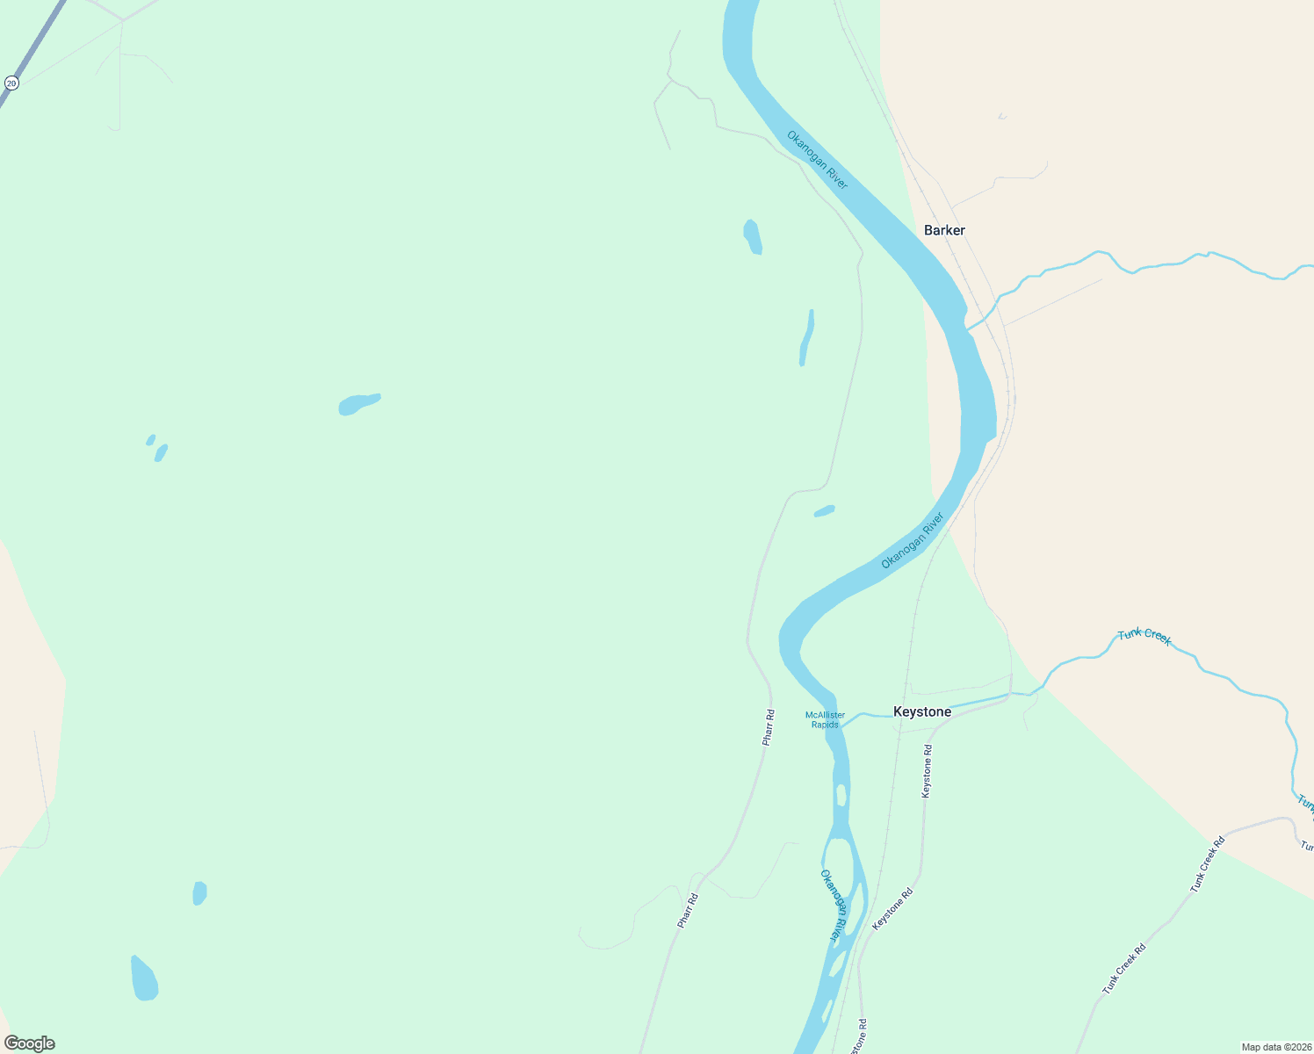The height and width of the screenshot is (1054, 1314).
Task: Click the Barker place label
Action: pos(944,230)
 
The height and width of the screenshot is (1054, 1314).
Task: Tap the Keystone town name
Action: pos(921,711)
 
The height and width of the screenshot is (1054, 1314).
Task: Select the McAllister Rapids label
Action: pos(825,720)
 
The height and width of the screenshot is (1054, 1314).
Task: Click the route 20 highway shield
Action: pos(11,83)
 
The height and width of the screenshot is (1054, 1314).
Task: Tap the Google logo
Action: pos(29,1043)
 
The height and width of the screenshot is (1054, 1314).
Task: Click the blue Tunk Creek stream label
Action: pos(1144,638)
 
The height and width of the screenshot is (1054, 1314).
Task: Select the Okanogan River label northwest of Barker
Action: pos(817,160)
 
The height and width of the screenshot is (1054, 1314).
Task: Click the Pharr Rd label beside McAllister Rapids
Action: pos(769,727)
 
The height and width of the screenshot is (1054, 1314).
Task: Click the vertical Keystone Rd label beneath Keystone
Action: pos(927,771)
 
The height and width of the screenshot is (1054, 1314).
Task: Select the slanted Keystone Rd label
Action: pos(892,909)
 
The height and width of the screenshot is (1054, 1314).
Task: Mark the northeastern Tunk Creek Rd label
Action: pos(1207,866)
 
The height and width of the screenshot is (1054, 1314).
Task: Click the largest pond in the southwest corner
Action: pos(144,979)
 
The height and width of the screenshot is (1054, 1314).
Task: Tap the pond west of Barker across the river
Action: pos(753,236)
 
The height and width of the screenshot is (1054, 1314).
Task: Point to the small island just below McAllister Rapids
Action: pos(841,795)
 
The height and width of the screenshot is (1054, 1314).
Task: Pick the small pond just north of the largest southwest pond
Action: pos(199,893)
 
